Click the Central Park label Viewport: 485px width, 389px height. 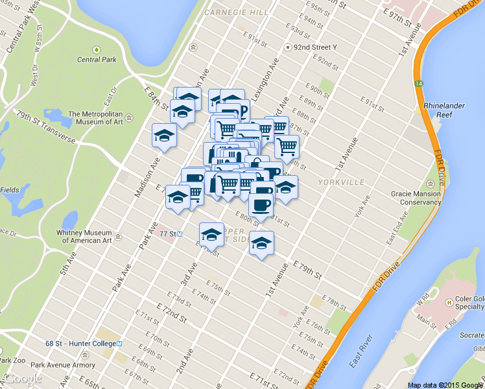97,60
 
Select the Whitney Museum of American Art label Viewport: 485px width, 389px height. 88,237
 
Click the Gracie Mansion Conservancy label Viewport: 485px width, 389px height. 416,198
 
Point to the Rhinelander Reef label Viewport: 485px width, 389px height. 442,110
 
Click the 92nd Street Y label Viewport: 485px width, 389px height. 315,47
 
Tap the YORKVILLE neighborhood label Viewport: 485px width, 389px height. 342,183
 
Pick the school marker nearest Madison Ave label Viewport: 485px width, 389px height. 164,136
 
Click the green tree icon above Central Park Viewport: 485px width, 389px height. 97,49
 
